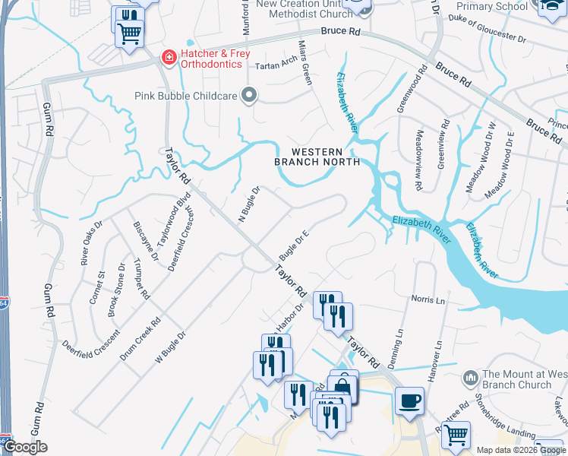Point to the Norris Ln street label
[x=428, y=299]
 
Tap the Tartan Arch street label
[x=276, y=65]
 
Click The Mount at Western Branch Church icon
[x=470, y=378]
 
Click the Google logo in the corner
[x=25, y=448]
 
